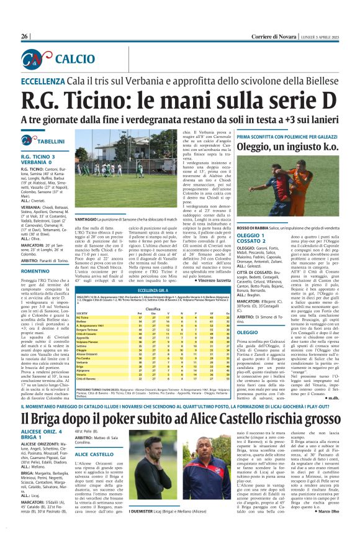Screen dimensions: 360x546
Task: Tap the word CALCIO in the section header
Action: [x=74, y=59]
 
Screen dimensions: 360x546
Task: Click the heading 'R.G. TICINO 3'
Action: [x=38, y=157]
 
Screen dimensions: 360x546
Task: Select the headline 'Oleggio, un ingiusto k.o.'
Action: [x=282, y=146]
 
